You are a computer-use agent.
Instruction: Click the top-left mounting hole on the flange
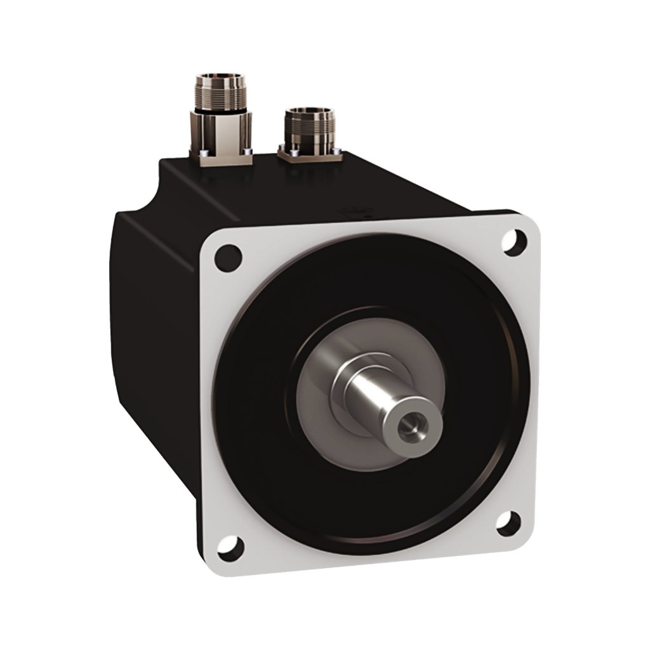click(229, 258)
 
